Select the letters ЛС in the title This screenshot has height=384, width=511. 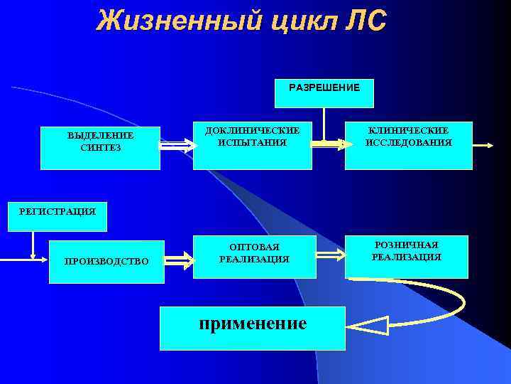(365, 21)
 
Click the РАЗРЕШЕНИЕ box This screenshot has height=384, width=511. (324, 88)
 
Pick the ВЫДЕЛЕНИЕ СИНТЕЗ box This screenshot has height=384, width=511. (100, 142)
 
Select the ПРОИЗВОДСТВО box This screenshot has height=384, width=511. (106, 261)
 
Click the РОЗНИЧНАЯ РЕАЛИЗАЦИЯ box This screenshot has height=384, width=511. (406, 252)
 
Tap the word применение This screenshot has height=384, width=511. (253, 324)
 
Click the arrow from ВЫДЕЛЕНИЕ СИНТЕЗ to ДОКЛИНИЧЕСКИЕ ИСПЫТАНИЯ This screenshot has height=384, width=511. (177, 144)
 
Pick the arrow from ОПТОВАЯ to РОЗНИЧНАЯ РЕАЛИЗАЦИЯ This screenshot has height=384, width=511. (329, 253)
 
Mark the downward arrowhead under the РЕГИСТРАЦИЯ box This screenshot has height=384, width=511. (33, 256)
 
